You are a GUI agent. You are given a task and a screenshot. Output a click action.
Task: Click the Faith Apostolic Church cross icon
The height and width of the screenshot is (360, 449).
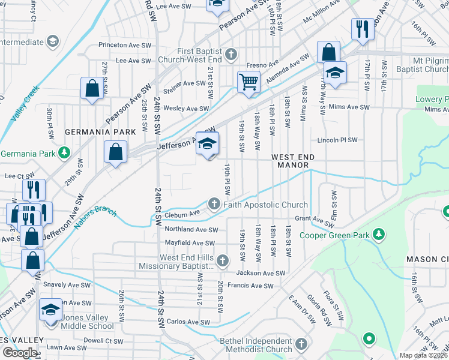214,205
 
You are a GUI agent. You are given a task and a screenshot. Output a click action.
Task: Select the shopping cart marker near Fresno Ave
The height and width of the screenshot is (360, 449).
248,82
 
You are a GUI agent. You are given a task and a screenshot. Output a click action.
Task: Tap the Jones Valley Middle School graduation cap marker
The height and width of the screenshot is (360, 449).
51,310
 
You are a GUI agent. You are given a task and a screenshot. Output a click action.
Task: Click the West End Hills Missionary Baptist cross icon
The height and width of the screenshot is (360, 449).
223,260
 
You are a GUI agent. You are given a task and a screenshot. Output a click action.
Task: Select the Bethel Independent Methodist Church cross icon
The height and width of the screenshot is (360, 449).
301,345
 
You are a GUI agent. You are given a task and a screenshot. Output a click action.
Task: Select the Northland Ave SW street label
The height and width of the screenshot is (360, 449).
191,230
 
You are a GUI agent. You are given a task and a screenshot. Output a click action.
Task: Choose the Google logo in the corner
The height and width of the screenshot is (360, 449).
20,353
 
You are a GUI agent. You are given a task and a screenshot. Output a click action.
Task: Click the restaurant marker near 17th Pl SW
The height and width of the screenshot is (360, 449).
362,30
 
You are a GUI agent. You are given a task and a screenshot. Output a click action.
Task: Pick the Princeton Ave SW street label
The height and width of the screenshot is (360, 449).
126,45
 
